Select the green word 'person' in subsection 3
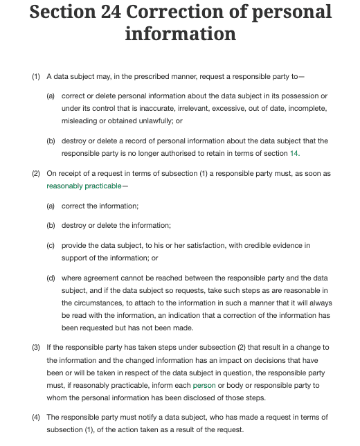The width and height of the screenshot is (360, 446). coord(204,384)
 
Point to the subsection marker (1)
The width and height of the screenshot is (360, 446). coord(36,75)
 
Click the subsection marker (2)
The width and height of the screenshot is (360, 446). coord(36,173)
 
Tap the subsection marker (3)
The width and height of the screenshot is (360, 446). coord(36,346)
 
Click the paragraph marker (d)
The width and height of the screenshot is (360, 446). coord(51,277)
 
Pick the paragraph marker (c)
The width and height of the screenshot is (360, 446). coord(51,245)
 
